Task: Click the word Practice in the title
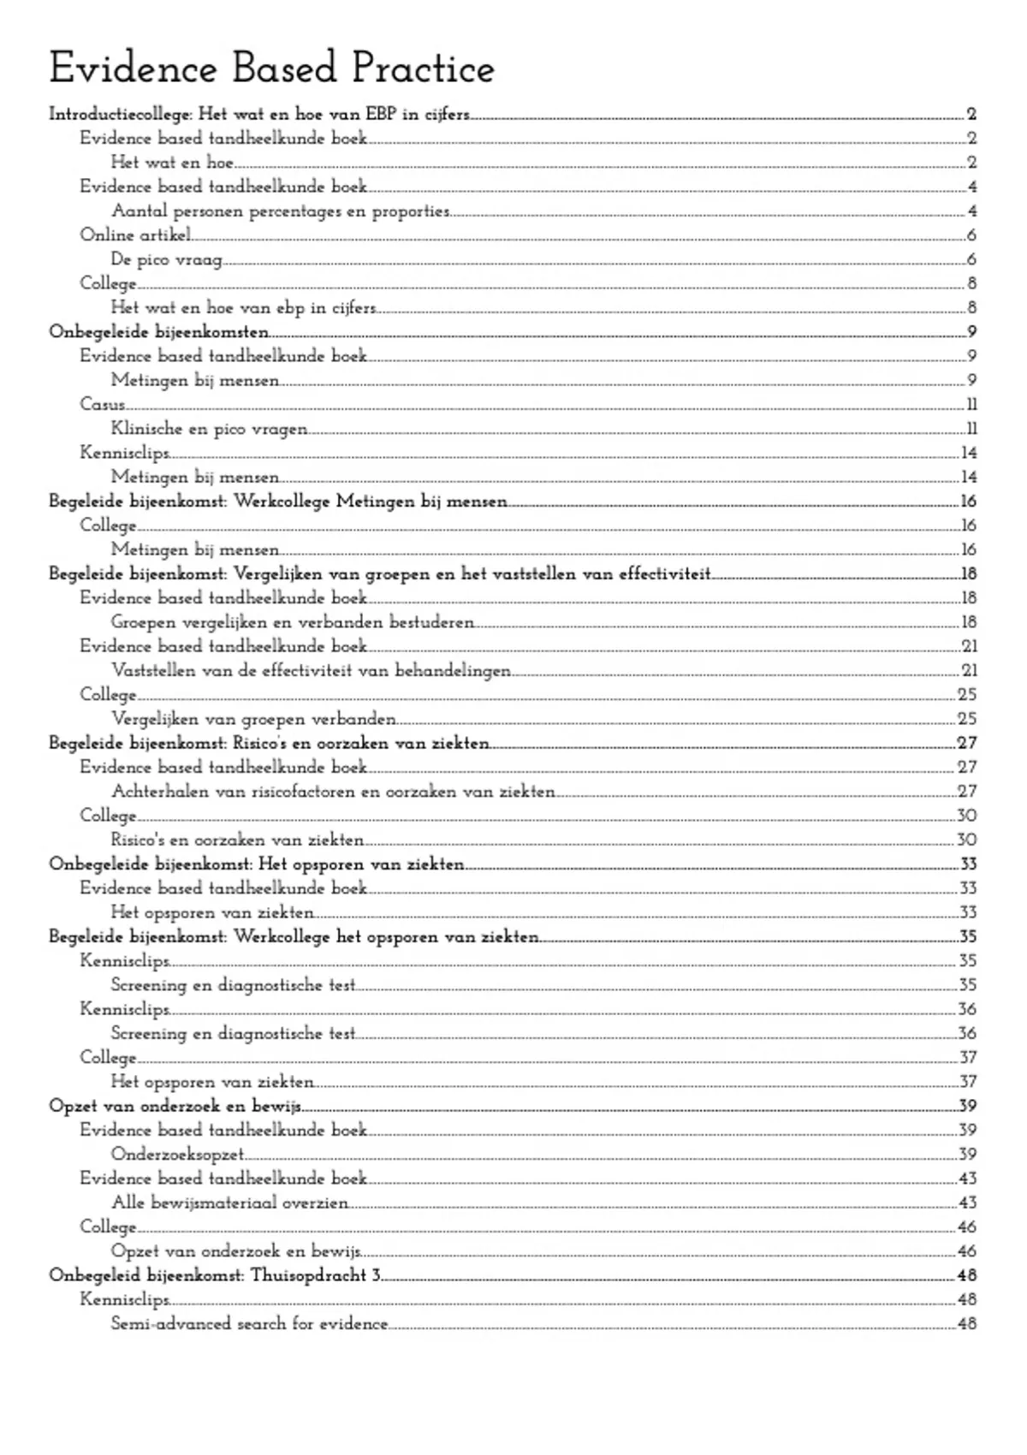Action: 423,69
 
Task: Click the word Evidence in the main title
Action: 133,69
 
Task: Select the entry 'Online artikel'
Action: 135,235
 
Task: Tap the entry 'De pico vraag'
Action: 166,259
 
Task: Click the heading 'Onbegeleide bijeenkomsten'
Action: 158,332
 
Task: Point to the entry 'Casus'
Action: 103,404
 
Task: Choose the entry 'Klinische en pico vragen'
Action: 209,429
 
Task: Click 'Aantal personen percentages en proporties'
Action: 280,211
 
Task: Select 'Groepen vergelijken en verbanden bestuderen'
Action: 292,622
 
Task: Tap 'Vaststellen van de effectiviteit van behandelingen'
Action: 311,670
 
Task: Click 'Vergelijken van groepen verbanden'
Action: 253,719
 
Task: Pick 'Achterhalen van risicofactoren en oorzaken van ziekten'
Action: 333,792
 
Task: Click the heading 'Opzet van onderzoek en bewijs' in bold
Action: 175,1106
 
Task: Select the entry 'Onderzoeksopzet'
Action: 177,1155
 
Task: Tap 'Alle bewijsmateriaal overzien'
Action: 229,1203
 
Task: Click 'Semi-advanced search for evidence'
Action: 249,1323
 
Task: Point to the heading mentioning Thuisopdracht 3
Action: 215,1275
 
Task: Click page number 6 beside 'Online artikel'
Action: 971,235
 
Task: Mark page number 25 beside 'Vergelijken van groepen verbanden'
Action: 967,719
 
